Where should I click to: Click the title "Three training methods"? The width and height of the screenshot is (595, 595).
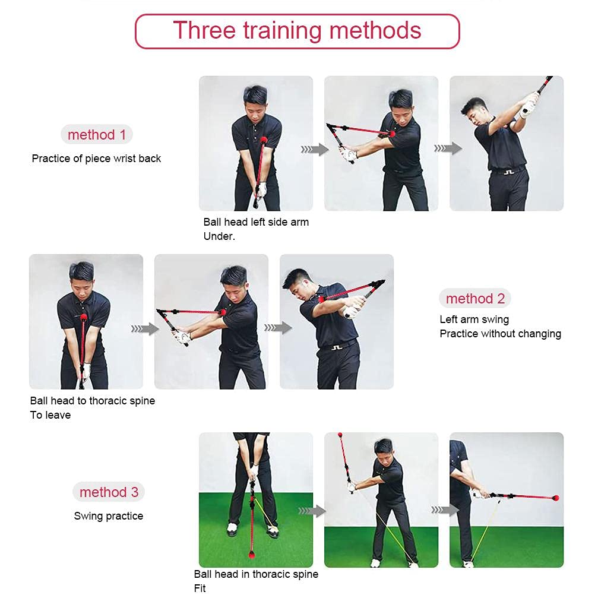[x=297, y=30]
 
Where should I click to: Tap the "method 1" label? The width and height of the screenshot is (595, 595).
[x=97, y=135]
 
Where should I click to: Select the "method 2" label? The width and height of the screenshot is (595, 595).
[x=475, y=298]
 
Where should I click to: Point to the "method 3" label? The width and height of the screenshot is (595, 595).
[x=109, y=492]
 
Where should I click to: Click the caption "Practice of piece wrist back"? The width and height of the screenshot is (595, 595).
[x=96, y=159]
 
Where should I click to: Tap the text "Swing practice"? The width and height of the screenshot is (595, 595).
[x=109, y=516]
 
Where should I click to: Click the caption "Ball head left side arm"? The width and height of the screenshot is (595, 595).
[x=256, y=222]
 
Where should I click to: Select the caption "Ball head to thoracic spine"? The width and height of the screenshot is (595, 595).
[x=93, y=401]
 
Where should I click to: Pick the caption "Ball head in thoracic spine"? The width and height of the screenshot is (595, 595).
[x=256, y=574]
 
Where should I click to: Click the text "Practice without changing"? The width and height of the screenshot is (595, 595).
[x=500, y=334]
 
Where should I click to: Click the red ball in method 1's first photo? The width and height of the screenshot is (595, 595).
[x=264, y=141]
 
